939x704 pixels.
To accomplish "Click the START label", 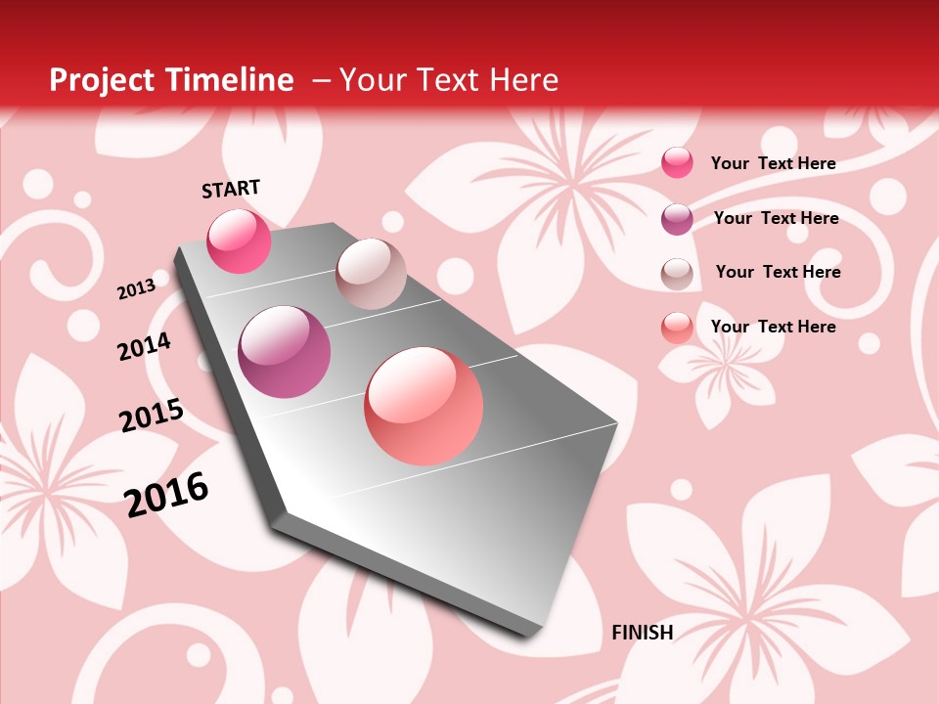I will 231,189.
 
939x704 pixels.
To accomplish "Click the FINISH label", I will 642,633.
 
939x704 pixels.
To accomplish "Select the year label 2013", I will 136,288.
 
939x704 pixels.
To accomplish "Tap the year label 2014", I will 144,346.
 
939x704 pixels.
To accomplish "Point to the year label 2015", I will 152,416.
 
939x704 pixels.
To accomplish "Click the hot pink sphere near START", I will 239,241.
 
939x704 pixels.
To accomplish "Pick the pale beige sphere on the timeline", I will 371,274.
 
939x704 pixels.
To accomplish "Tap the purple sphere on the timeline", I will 285,352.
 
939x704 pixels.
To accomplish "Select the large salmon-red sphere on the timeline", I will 424,406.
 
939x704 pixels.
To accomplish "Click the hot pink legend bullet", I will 677,162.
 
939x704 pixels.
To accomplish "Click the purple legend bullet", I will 677,219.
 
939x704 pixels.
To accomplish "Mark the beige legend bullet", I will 677,274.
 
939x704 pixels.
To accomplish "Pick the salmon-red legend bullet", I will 677,328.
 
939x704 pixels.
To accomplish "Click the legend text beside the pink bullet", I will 773,163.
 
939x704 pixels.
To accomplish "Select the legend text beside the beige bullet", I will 778,272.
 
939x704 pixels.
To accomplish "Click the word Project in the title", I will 101,80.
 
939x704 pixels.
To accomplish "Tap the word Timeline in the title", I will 231,80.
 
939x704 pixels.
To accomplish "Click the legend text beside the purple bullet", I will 776,218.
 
